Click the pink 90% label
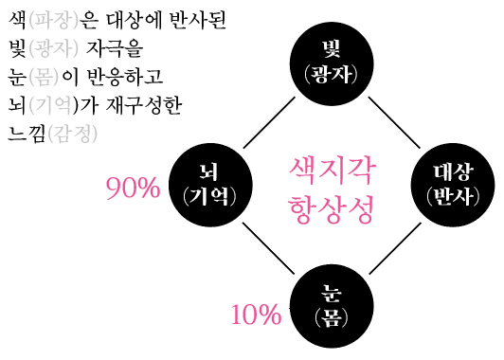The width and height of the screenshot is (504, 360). point(133,189)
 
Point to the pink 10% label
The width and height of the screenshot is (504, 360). point(256,314)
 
